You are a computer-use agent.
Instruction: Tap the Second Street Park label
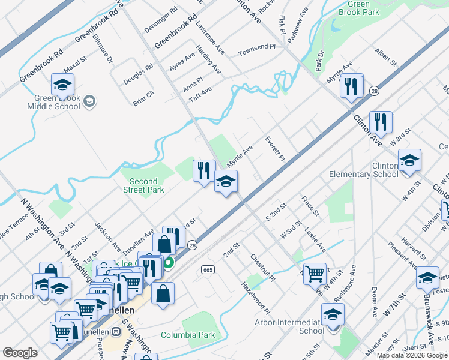tap(143, 185)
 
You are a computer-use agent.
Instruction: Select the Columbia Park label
tap(188, 334)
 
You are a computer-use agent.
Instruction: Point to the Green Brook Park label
tap(367, 8)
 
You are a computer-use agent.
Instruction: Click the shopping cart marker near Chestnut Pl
tap(315, 274)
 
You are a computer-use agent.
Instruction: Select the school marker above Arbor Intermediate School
tap(333, 314)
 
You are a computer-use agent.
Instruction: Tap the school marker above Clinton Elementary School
tap(409, 161)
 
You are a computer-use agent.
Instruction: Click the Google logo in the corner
tap(20, 353)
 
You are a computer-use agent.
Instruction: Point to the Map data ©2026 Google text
tap(411, 355)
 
